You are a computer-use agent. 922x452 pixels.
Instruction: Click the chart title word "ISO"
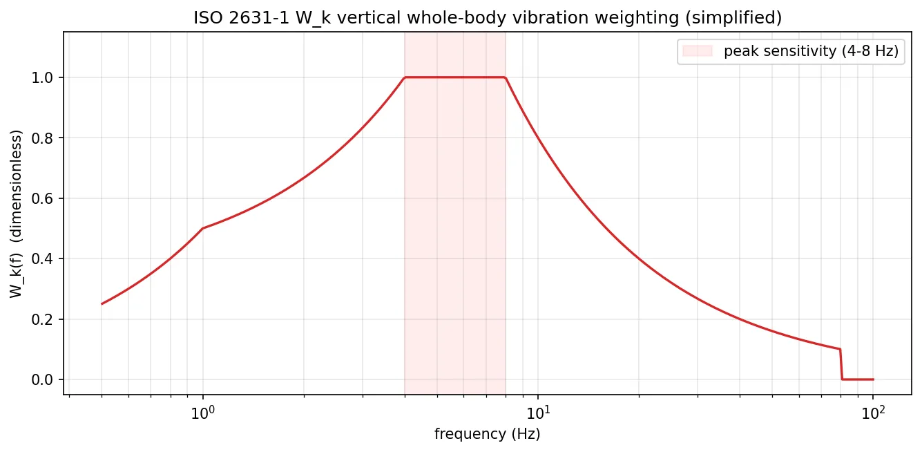[205, 18]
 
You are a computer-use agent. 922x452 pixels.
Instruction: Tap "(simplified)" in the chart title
[742, 18]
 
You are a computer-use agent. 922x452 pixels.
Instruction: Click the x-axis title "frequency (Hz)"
[487, 435]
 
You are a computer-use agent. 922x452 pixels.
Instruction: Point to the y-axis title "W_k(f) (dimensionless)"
[16, 214]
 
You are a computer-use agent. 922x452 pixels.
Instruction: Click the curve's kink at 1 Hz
[202, 228]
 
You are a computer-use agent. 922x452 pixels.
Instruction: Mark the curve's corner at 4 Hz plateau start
[405, 77]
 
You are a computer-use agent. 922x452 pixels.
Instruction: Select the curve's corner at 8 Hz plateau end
[506, 77]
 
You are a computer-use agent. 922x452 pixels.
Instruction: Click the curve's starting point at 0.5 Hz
[102, 304]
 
